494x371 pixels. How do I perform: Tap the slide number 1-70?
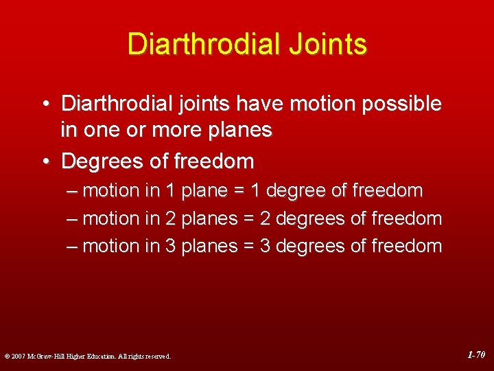tap(476, 355)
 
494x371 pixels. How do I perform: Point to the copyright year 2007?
tap(16, 356)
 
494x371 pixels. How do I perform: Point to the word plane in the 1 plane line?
tap(204, 190)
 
